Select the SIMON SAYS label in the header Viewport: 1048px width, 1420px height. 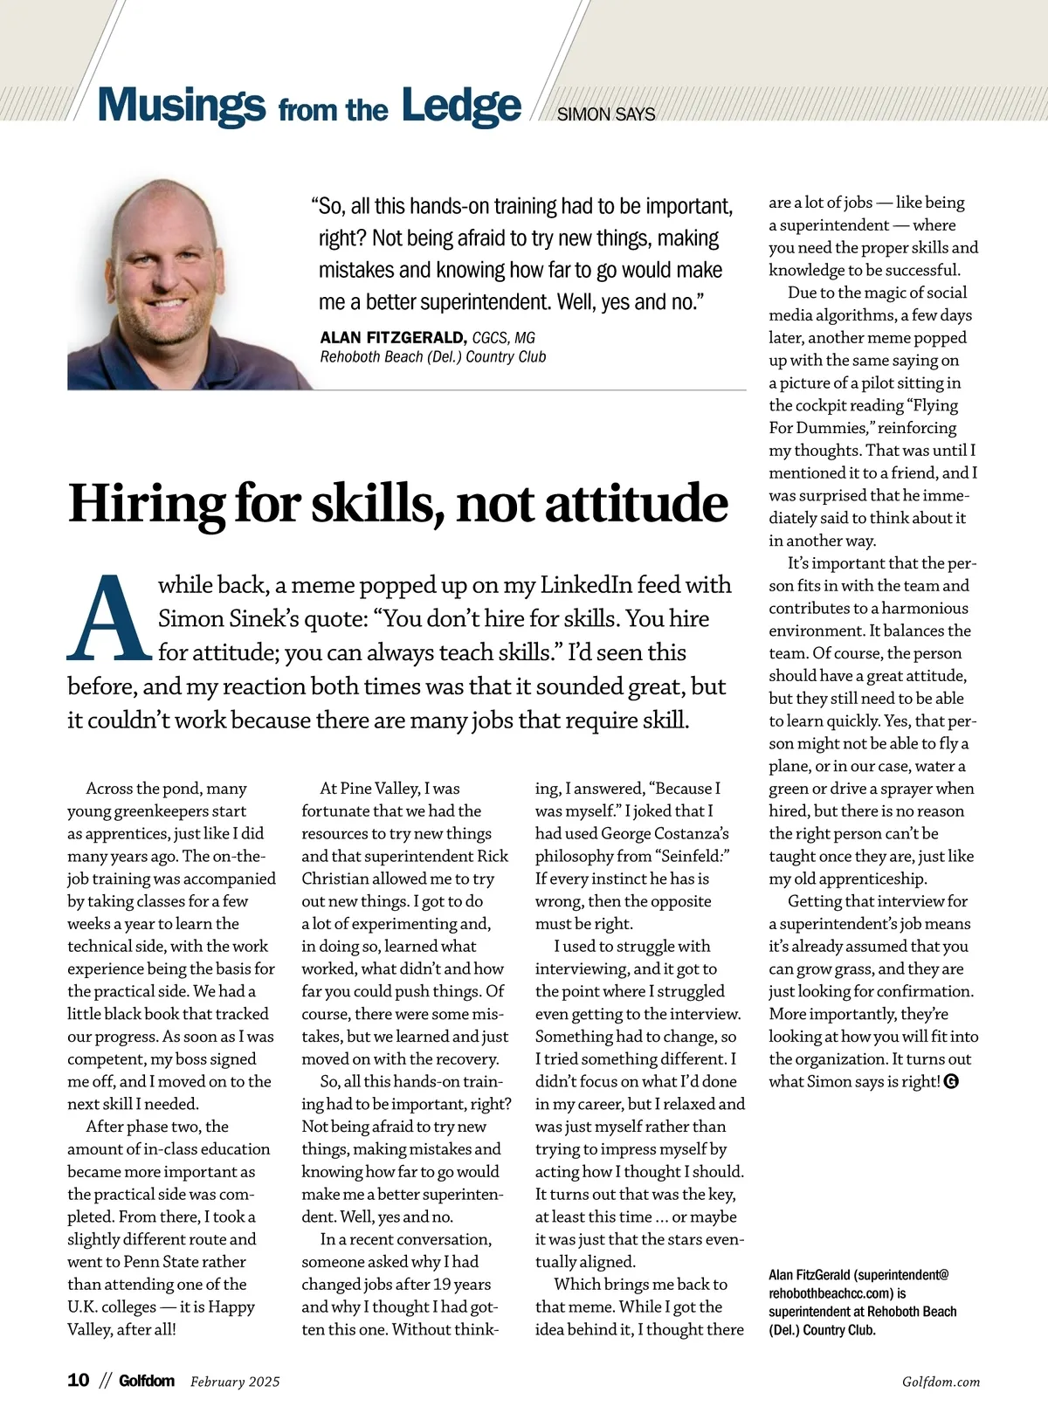click(x=605, y=114)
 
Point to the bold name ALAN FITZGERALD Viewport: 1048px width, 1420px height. click(x=393, y=337)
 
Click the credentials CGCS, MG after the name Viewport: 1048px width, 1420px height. click(x=504, y=338)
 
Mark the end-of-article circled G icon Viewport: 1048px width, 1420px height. click(x=952, y=1082)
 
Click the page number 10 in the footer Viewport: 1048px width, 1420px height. click(x=79, y=1381)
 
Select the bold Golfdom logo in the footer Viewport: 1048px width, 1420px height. click(x=147, y=1381)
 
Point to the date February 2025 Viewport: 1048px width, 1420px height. click(x=235, y=1382)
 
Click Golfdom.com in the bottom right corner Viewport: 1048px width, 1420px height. click(x=941, y=1382)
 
